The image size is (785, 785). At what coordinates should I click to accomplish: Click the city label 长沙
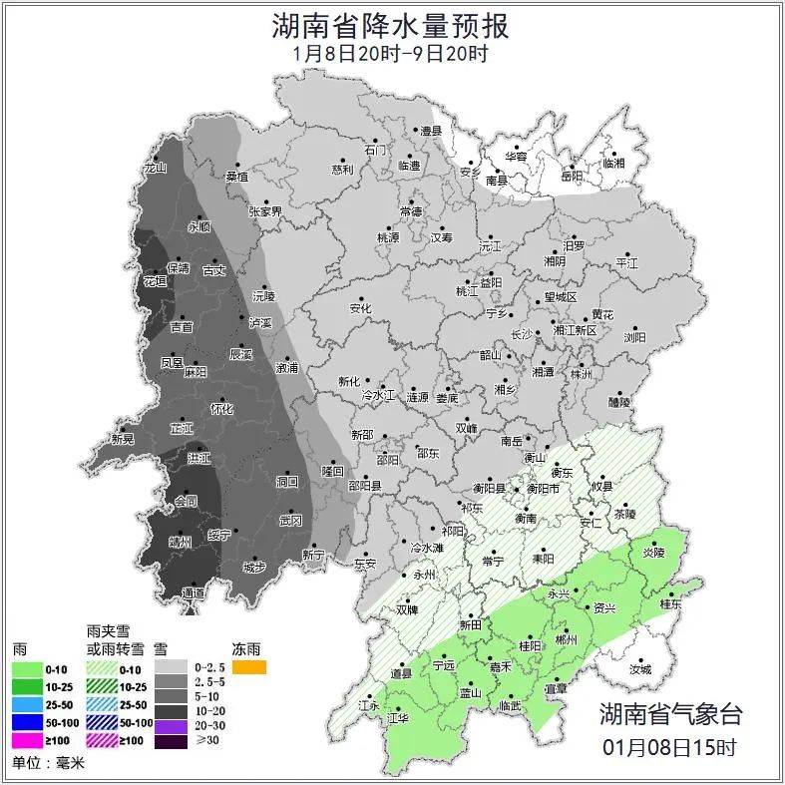522,335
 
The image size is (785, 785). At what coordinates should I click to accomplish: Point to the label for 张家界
265,211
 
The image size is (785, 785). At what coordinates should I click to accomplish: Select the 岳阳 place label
571,177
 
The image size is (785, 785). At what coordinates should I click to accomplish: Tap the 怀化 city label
221,409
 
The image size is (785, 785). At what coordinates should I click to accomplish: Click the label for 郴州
566,639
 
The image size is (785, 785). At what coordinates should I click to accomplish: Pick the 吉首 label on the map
182,327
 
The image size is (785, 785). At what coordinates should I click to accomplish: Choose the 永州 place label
425,576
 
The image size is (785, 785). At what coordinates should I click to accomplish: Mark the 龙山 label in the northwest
155,169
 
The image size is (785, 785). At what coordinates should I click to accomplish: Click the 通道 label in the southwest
194,593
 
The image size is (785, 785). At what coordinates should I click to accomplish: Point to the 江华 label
398,717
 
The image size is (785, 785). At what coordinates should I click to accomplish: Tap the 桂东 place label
671,603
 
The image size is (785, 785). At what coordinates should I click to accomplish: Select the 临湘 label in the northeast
613,163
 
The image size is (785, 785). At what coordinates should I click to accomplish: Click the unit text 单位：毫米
47,764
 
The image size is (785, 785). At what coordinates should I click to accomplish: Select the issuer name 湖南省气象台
670,713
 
